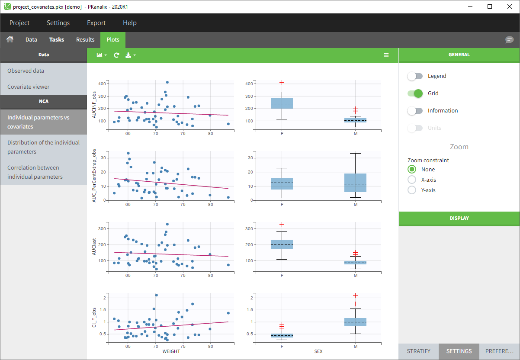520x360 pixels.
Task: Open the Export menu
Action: click(x=96, y=23)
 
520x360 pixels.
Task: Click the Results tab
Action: click(x=85, y=39)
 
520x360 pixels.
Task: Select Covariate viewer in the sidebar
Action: click(x=29, y=87)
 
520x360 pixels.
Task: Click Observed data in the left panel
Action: click(x=26, y=71)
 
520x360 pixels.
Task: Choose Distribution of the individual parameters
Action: click(x=43, y=147)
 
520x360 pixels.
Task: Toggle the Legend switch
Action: click(x=415, y=76)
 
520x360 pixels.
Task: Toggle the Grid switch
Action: click(x=415, y=93)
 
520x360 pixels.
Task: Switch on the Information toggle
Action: click(x=415, y=111)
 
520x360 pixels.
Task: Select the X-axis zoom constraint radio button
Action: click(x=412, y=180)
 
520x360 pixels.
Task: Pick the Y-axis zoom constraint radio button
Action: click(x=412, y=190)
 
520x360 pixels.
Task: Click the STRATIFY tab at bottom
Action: click(x=418, y=351)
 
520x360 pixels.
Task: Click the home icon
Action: click(x=10, y=39)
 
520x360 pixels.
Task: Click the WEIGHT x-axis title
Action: click(x=171, y=351)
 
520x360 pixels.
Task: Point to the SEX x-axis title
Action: click(x=318, y=351)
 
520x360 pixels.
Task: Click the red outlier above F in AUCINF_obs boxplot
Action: click(x=282, y=82)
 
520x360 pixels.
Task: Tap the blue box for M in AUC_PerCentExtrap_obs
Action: click(x=355, y=183)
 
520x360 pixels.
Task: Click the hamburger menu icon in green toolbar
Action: click(x=386, y=55)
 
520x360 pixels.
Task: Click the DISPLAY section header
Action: click(x=459, y=218)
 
